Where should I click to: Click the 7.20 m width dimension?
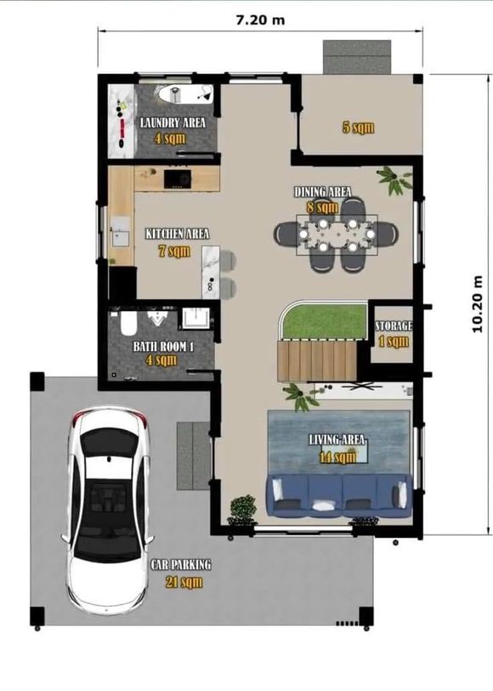[x=260, y=20]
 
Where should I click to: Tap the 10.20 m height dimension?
[x=477, y=304]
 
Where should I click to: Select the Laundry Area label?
[x=173, y=123]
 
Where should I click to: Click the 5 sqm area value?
[x=358, y=127]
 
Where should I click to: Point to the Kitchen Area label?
[x=177, y=234]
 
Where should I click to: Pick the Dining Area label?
[x=323, y=192]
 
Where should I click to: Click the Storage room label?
[x=394, y=326]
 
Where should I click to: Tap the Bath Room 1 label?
[x=163, y=347]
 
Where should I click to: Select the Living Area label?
[x=337, y=439]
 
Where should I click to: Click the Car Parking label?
[x=181, y=564]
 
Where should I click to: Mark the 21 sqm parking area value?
[x=184, y=582]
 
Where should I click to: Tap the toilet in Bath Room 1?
[x=128, y=323]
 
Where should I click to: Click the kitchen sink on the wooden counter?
[x=121, y=232]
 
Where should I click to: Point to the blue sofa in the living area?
[x=339, y=495]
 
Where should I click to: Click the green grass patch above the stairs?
[x=324, y=320]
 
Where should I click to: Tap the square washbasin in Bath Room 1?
[x=195, y=319]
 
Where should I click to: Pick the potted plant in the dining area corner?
[x=394, y=180]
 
